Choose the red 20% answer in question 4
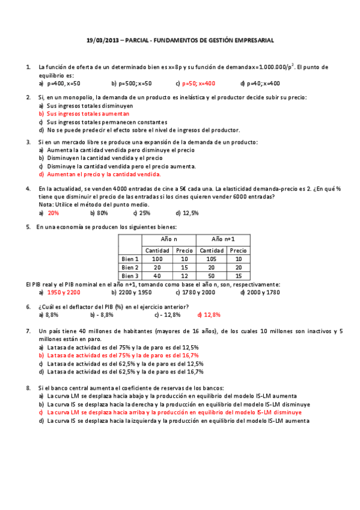(53, 212)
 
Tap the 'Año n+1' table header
(223, 239)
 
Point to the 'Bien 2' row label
(130, 267)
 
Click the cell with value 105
(212, 259)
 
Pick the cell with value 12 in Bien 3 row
(185, 275)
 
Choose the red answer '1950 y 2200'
(64, 292)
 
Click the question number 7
(28, 331)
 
